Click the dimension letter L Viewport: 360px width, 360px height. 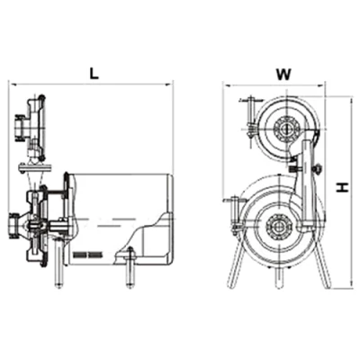click(94, 73)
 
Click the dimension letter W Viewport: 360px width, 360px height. click(283, 75)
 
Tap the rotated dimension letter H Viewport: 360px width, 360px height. click(342, 188)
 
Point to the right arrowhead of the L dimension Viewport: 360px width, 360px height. click(170, 85)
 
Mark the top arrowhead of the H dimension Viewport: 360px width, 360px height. click(350, 100)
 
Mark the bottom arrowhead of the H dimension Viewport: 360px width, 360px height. click(350, 285)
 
